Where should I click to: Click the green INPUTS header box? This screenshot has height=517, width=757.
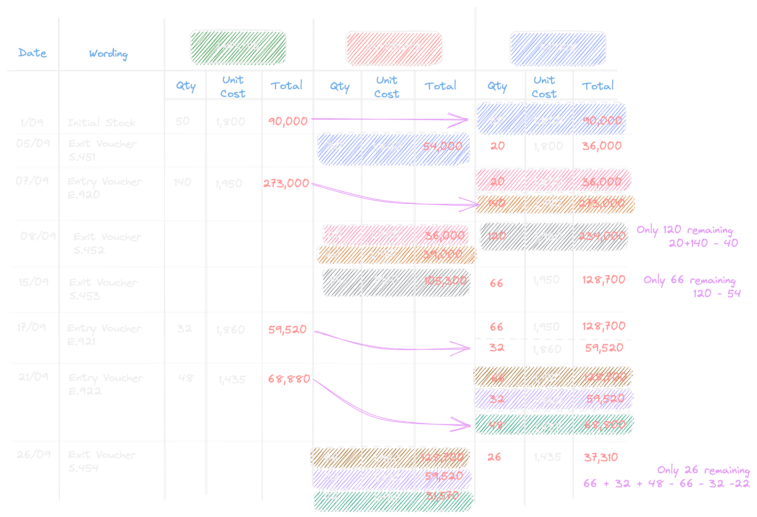point(238,46)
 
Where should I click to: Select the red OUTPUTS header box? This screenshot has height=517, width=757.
point(394,47)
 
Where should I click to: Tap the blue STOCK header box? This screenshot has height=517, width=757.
point(557,48)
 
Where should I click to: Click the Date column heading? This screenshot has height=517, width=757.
point(32,53)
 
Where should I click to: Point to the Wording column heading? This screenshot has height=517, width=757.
point(108,54)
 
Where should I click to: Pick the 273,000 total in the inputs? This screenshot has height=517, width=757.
point(286,183)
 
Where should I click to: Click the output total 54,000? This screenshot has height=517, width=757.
point(443,146)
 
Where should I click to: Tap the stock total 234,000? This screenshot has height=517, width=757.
point(601,236)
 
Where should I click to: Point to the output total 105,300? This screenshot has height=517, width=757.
point(445,281)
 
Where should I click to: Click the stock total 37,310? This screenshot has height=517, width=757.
point(601,457)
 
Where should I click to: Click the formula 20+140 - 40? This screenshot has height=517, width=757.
point(703,243)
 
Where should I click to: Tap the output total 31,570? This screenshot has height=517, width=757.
point(442,496)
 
